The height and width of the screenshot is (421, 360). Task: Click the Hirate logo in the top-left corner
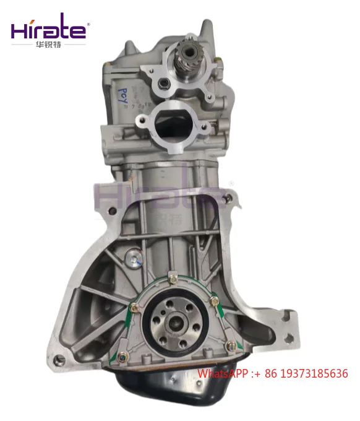pos(50,30)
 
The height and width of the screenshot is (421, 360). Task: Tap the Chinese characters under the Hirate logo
pos(49,45)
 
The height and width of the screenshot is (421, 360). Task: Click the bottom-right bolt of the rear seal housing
pos(230,347)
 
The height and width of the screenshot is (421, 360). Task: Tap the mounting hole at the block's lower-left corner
pos(60,360)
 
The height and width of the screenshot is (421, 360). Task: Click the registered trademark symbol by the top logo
pos(88,25)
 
